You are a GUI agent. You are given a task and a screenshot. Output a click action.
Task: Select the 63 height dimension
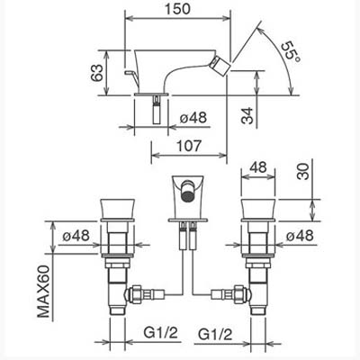pyautogui.click(x=96, y=73)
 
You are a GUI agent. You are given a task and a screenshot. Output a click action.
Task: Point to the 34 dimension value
pyautogui.click(x=247, y=115)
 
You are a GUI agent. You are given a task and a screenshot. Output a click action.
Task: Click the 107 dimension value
pyautogui.click(x=188, y=146)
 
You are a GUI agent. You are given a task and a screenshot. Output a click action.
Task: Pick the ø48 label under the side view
pyautogui.click(x=193, y=117)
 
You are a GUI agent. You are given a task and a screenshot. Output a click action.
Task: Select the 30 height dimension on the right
pyautogui.click(x=302, y=171)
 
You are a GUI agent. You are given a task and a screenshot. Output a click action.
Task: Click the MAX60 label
pyautogui.click(x=43, y=292)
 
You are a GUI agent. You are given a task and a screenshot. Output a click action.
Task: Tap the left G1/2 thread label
pyautogui.click(x=160, y=332)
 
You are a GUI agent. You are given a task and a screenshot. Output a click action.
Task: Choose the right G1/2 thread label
pyautogui.click(x=215, y=334)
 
